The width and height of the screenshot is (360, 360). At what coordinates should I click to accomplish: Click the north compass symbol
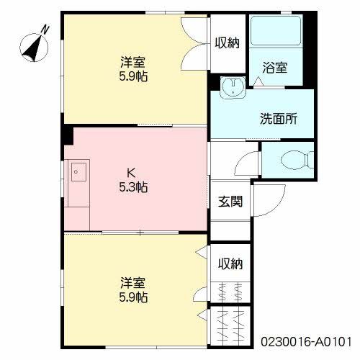34,47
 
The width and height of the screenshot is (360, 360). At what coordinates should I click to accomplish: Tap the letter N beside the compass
45,29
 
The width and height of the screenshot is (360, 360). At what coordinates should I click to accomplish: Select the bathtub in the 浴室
276,31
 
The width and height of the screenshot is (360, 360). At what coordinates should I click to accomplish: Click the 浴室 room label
275,68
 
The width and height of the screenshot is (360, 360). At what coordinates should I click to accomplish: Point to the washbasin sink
233,87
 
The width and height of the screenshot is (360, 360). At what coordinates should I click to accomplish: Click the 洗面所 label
279,118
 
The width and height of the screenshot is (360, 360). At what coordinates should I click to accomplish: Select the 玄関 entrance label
230,201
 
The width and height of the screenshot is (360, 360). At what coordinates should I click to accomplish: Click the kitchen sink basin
78,172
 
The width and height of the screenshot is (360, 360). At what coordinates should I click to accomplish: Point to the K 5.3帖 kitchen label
133,180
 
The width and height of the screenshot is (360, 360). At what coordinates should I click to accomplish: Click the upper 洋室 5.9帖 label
133,69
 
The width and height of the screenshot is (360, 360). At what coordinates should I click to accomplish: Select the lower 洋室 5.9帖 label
133,290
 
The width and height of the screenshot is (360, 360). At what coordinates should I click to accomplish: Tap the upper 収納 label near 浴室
227,43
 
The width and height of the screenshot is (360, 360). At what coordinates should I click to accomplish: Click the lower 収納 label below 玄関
230,264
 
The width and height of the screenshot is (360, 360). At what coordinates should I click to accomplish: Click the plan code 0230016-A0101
306,341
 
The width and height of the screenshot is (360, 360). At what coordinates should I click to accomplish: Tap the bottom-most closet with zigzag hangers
230,326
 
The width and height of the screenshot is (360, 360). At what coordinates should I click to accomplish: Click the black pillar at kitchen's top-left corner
68,135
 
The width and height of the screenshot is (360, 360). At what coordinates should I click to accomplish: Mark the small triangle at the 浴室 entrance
258,81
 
